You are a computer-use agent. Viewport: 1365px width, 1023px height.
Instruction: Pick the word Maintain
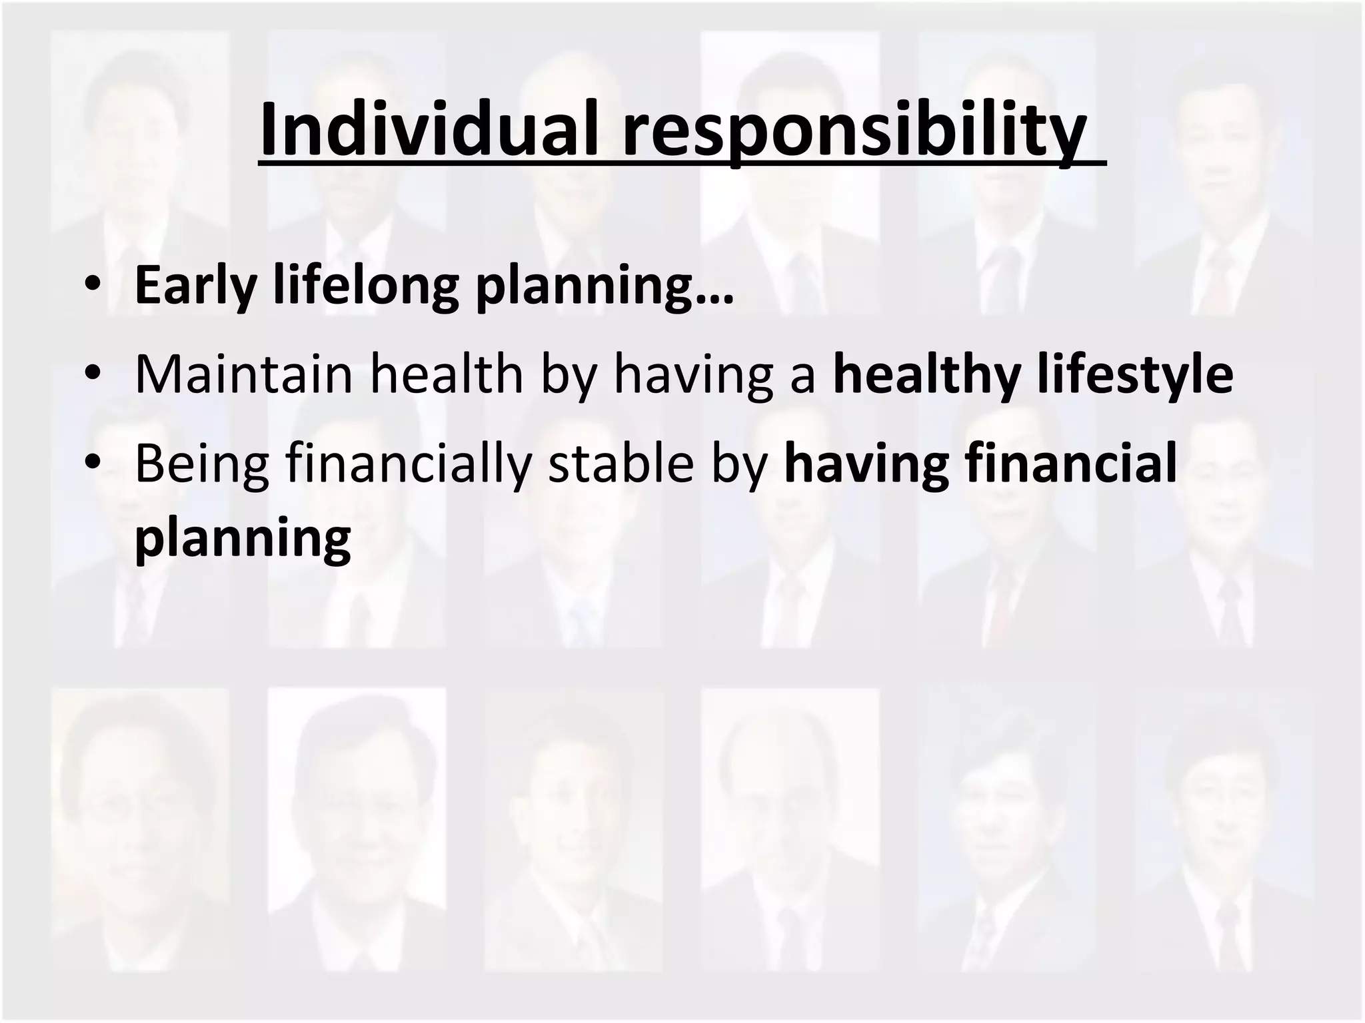point(244,375)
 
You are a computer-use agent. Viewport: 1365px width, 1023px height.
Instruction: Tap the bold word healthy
point(927,375)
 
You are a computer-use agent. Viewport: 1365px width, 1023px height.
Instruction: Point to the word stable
point(621,464)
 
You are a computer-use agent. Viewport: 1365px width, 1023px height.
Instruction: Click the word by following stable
point(740,464)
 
